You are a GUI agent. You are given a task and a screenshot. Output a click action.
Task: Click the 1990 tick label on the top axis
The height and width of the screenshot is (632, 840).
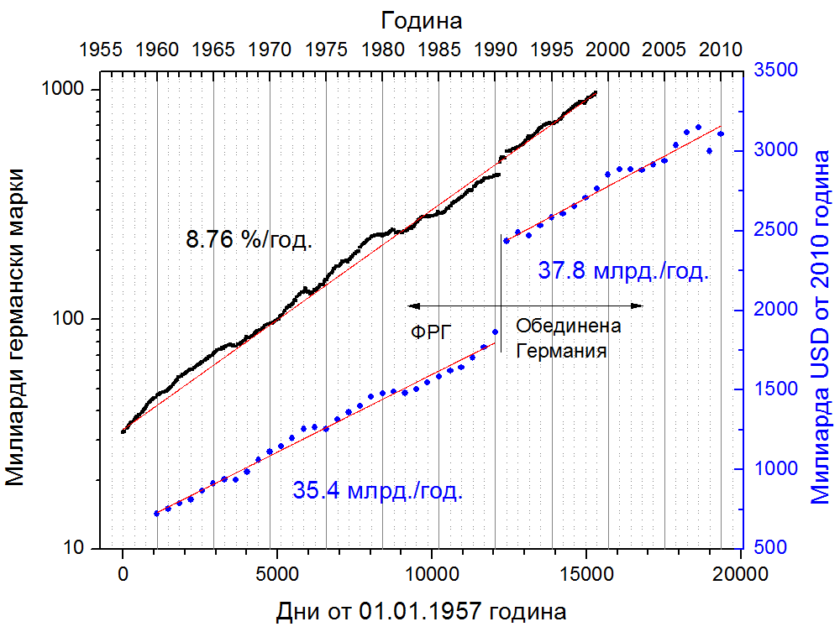tap(495, 50)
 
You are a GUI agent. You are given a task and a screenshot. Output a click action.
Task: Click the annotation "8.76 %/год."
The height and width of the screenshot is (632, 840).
tap(249, 241)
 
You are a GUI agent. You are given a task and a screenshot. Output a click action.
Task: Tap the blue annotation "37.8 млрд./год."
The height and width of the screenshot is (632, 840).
tap(623, 272)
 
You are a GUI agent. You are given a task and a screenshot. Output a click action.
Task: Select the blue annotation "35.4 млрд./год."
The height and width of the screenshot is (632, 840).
tap(377, 491)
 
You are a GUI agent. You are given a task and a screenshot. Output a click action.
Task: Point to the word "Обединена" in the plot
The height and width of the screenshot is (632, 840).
tap(568, 326)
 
